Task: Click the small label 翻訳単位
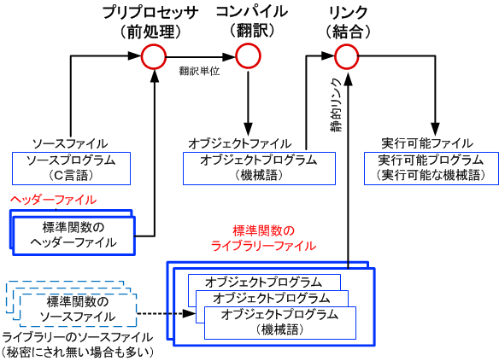click(199, 71)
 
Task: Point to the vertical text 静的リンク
click(336, 105)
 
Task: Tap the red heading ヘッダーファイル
click(54, 201)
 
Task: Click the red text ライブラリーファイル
click(263, 246)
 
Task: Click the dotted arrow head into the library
click(190, 314)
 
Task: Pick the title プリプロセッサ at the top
click(150, 13)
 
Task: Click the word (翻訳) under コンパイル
click(252, 31)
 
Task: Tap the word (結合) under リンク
click(348, 32)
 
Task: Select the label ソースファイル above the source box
click(70, 144)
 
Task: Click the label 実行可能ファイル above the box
click(427, 143)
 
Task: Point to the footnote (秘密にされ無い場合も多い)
click(78, 352)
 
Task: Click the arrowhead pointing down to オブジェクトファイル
click(249, 129)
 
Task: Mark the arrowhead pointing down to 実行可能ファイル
click(435, 129)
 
